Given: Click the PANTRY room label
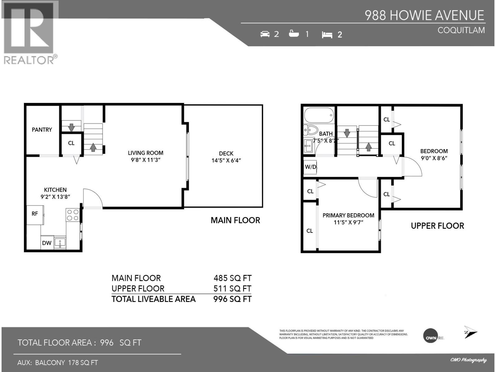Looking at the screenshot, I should pyautogui.click(x=42, y=130).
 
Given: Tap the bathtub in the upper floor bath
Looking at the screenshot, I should pyautogui.click(x=319, y=115).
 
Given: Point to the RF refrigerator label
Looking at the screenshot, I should pyautogui.click(x=35, y=213).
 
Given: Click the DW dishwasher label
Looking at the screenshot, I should pyautogui.click(x=46, y=243).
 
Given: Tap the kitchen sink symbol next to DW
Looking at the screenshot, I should pyautogui.click(x=60, y=242).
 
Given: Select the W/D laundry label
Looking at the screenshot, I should pyautogui.click(x=310, y=167).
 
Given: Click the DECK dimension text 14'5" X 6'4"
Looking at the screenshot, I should pyautogui.click(x=226, y=161).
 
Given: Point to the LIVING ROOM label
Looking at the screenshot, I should pyautogui.click(x=145, y=153).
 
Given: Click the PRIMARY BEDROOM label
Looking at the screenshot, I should pyautogui.click(x=348, y=215).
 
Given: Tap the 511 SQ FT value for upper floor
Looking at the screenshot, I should pyautogui.click(x=232, y=289).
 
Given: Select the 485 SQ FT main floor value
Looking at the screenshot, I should pyautogui.click(x=232, y=278).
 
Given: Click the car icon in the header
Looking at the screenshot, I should pyautogui.click(x=265, y=34).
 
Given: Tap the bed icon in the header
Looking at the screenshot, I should pyautogui.click(x=327, y=35).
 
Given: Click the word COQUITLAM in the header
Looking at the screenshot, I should pyautogui.click(x=461, y=30).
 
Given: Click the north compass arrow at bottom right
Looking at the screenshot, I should pyautogui.click(x=470, y=332).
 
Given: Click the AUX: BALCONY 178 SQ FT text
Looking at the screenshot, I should pyautogui.click(x=57, y=362).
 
